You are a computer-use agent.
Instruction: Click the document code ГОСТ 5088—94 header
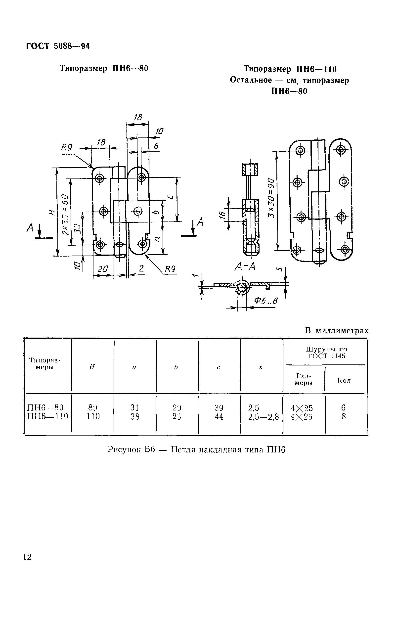click(x=58, y=46)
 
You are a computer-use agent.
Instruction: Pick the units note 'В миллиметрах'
click(x=337, y=331)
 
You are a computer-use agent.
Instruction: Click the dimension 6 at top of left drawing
click(x=156, y=146)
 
